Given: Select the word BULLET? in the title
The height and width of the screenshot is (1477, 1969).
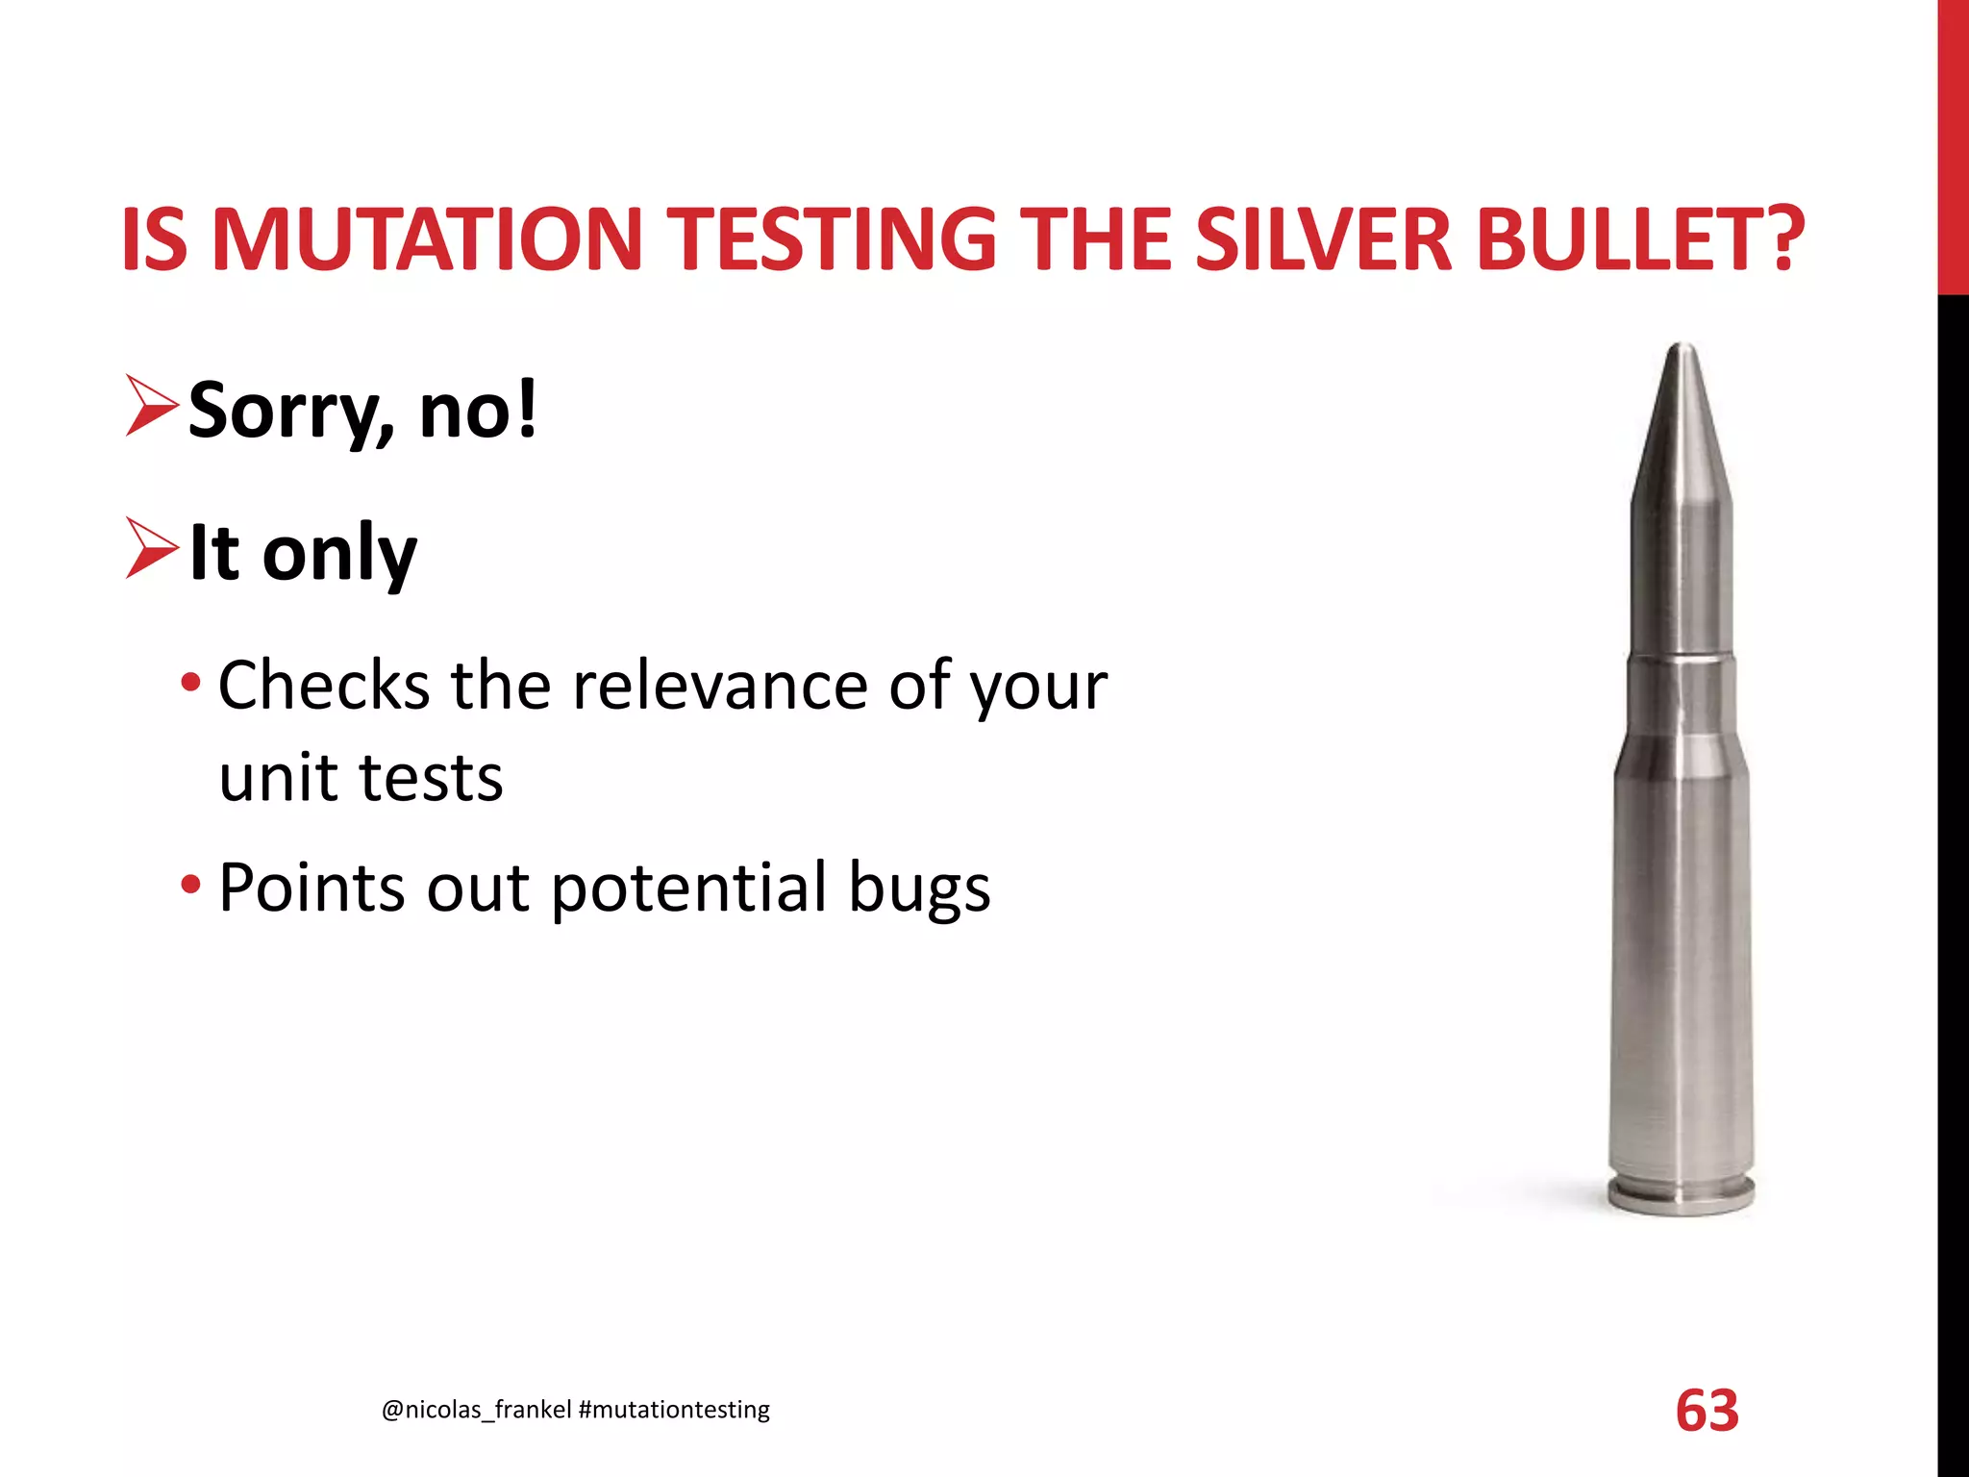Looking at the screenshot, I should [x=1640, y=239].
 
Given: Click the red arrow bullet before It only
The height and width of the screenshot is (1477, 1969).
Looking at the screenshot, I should [x=151, y=549].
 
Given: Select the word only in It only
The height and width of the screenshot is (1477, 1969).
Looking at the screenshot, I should [x=339, y=554].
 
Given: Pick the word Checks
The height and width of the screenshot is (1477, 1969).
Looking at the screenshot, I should [x=324, y=686].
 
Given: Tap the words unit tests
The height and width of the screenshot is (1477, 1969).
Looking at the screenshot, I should [x=361, y=777].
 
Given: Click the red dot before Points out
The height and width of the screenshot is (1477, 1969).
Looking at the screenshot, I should [x=190, y=884].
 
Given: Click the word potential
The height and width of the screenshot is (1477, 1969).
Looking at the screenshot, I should [x=688, y=889].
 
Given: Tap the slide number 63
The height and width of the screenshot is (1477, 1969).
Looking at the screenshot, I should [x=1707, y=1411].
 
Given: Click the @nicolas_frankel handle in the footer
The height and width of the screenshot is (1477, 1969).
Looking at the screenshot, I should [x=476, y=1410].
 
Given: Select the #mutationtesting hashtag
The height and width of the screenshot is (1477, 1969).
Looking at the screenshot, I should [x=674, y=1410].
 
